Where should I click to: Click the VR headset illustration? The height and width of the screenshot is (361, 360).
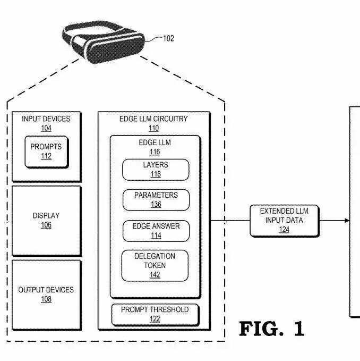coord(104,43)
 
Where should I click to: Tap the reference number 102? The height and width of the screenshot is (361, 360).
coord(168,38)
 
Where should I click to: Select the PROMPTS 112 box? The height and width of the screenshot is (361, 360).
coord(46,152)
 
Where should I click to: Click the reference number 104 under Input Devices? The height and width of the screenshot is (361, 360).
coord(46,128)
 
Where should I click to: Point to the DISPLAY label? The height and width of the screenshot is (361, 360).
coord(46,216)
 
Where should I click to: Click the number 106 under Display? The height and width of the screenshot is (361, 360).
coord(46,225)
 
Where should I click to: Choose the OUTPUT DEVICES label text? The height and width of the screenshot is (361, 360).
coord(46,290)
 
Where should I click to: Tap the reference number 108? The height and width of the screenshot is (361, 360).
coord(46,299)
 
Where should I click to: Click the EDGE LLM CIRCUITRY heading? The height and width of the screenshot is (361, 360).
coord(153,119)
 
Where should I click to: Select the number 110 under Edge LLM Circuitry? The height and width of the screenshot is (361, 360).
coord(153,128)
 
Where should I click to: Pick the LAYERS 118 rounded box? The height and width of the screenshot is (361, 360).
coord(156,170)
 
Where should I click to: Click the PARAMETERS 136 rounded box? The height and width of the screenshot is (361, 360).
coord(156,200)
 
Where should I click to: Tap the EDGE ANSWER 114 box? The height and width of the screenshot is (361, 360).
coord(156,231)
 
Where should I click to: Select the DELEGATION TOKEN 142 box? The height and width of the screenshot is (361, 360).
coord(155,266)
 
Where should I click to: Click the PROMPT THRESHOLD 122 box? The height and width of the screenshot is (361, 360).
coord(155,315)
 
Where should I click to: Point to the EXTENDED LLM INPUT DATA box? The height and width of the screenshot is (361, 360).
coord(285,221)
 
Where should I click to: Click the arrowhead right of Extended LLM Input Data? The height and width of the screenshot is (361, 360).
coord(347,221)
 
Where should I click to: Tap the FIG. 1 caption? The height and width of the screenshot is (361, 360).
coord(271,329)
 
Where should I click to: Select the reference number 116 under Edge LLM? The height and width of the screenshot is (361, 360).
coord(155,152)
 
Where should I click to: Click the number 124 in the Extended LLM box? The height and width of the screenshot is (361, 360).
coord(284,230)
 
